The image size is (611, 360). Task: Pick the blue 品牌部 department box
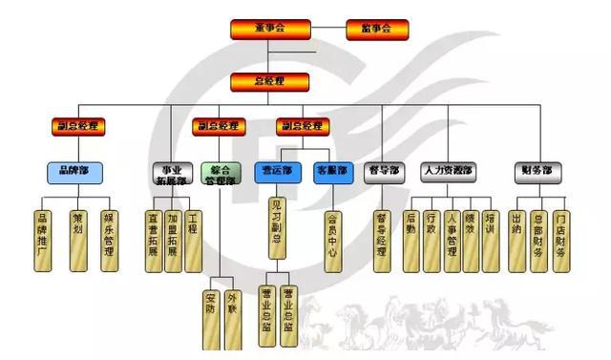point(75,172)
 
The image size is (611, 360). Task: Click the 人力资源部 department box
point(450,172)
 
